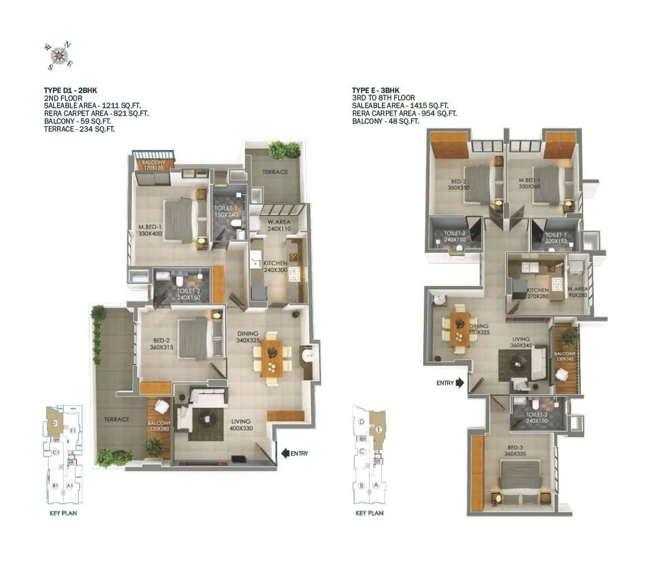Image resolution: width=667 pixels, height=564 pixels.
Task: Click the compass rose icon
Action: point(58,55)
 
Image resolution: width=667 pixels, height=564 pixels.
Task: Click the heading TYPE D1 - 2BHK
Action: point(71,90)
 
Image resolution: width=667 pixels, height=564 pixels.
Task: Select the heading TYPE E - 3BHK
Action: point(375,90)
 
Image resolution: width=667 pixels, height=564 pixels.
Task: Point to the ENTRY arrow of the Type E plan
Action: point(460,383)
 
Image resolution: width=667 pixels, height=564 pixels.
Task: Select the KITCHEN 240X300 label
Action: point(275,266)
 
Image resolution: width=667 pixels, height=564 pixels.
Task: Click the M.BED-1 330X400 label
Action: point(149,230)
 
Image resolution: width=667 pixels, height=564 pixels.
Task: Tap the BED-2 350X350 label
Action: point(458,185)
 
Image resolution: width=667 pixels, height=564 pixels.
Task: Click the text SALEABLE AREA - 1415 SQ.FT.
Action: point(400,105)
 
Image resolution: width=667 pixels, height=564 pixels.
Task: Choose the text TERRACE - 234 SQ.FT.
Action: point(83,129)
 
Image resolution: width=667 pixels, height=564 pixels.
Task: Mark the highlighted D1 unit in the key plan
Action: point(54,424)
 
